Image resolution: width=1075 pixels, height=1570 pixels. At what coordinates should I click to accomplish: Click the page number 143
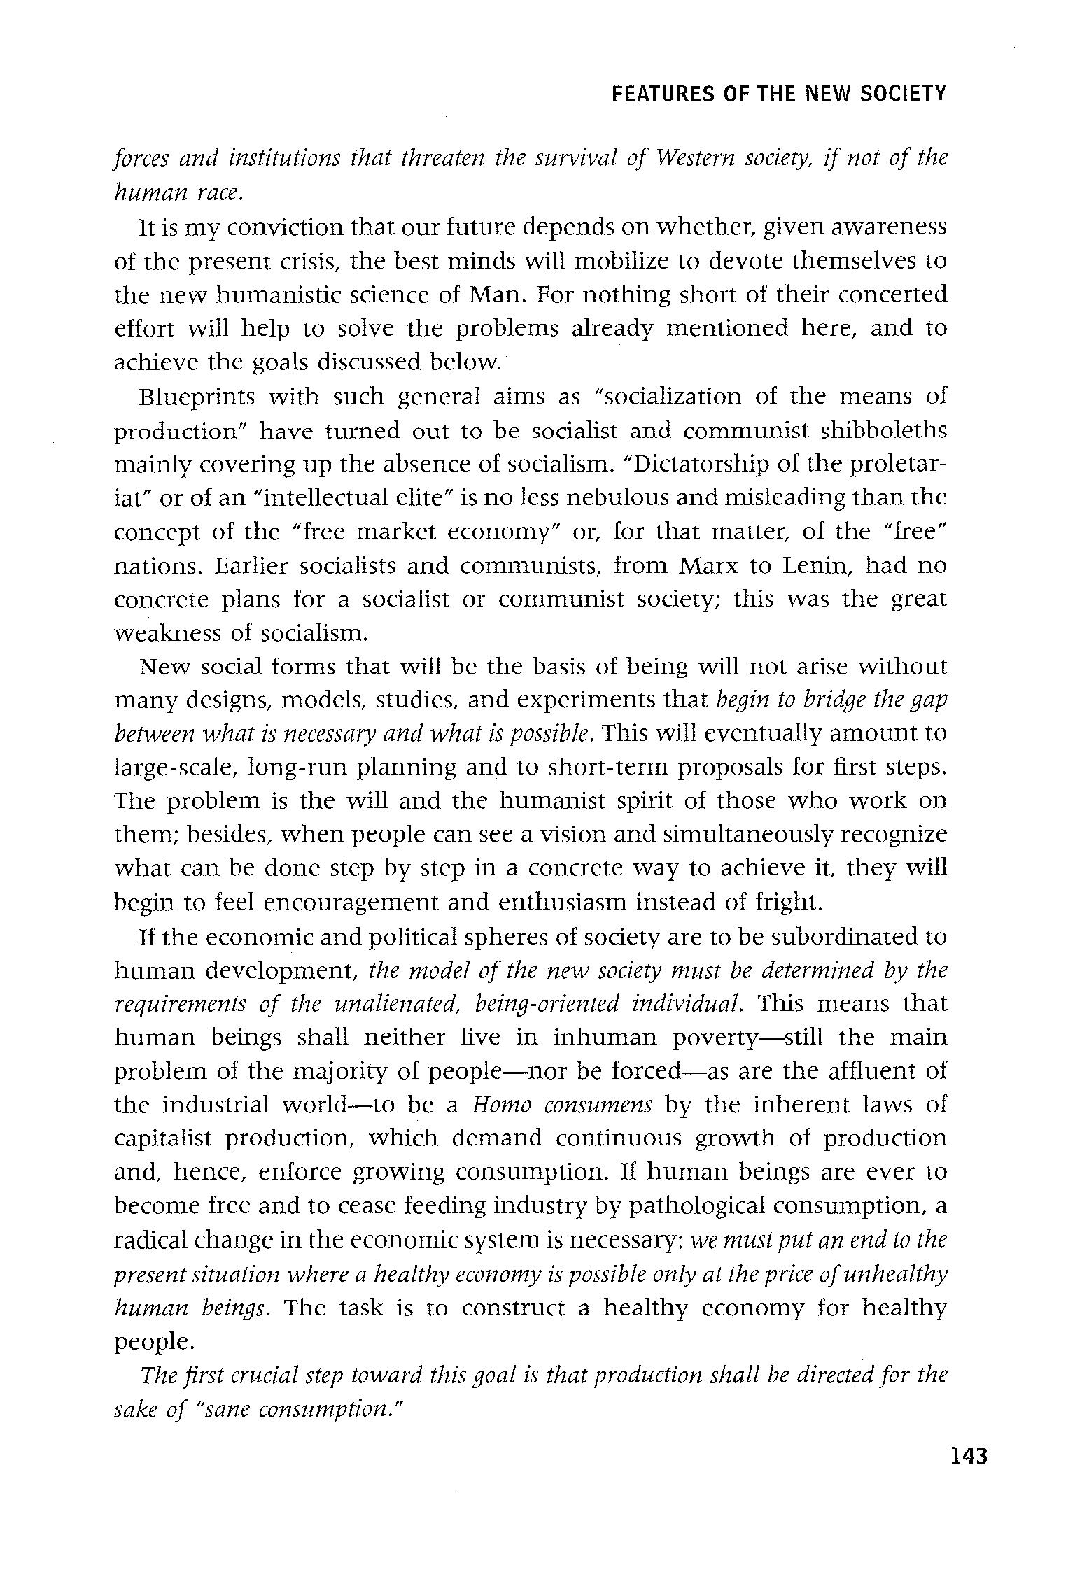[x=968, y=1457]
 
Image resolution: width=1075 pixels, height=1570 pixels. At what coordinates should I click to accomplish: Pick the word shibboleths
[x=883, y=430]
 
